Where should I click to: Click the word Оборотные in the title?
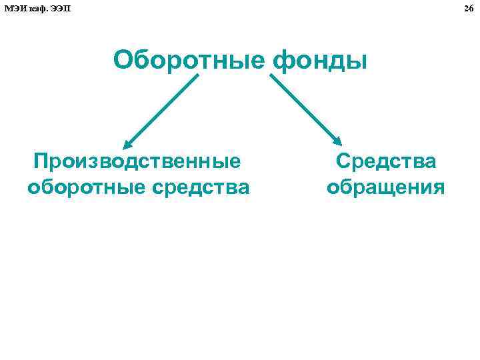tap(190, 60)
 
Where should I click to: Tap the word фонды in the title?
tap(320, 61)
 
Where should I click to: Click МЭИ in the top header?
tap(15, 7)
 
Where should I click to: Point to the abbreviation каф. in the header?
tap(38, 7)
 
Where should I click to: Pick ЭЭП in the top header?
tap(60, 7)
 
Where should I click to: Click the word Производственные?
tap(138, 161)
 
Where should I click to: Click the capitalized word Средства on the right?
tap(386, 161)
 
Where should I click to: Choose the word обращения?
tap(385, 187)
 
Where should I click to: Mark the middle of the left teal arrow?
tap(162, 109)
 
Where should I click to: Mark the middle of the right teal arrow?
tap(305, 109)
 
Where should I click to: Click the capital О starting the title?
tap(123, 60)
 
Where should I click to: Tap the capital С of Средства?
tap(344, 161)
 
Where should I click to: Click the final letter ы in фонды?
tap(359, 61)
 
